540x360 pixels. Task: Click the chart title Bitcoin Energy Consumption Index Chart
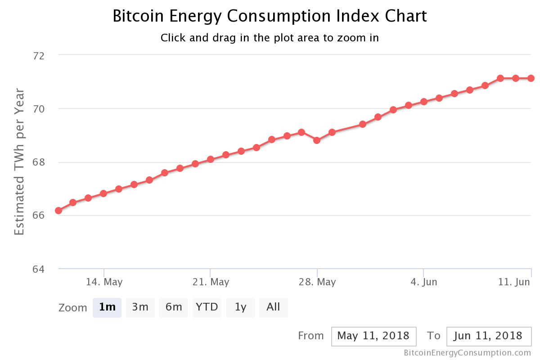click(270, 16)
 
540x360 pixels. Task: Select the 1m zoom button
click(107, 307)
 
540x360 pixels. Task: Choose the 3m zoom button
click(140, 307)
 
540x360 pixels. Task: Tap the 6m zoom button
click(174, 307)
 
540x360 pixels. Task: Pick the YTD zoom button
click(207, 307)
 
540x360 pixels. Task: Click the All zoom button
click(273, 307)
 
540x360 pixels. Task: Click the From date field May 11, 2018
click(373, 336)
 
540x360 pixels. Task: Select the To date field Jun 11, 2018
click(489, 336)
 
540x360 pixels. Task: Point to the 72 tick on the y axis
click(39, 55)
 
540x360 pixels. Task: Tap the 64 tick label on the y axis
click(39, 269)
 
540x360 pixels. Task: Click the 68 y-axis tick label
click(39, 162)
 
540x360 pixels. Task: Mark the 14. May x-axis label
click(104, 282)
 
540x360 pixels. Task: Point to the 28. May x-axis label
click(317, 282)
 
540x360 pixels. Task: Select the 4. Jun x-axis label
click(423, 282)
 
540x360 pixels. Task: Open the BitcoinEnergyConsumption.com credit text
click(467, 353)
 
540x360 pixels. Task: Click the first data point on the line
click(58, 211)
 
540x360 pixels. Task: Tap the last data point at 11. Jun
click(531, 78)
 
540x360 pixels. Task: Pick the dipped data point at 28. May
click(317, 140)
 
